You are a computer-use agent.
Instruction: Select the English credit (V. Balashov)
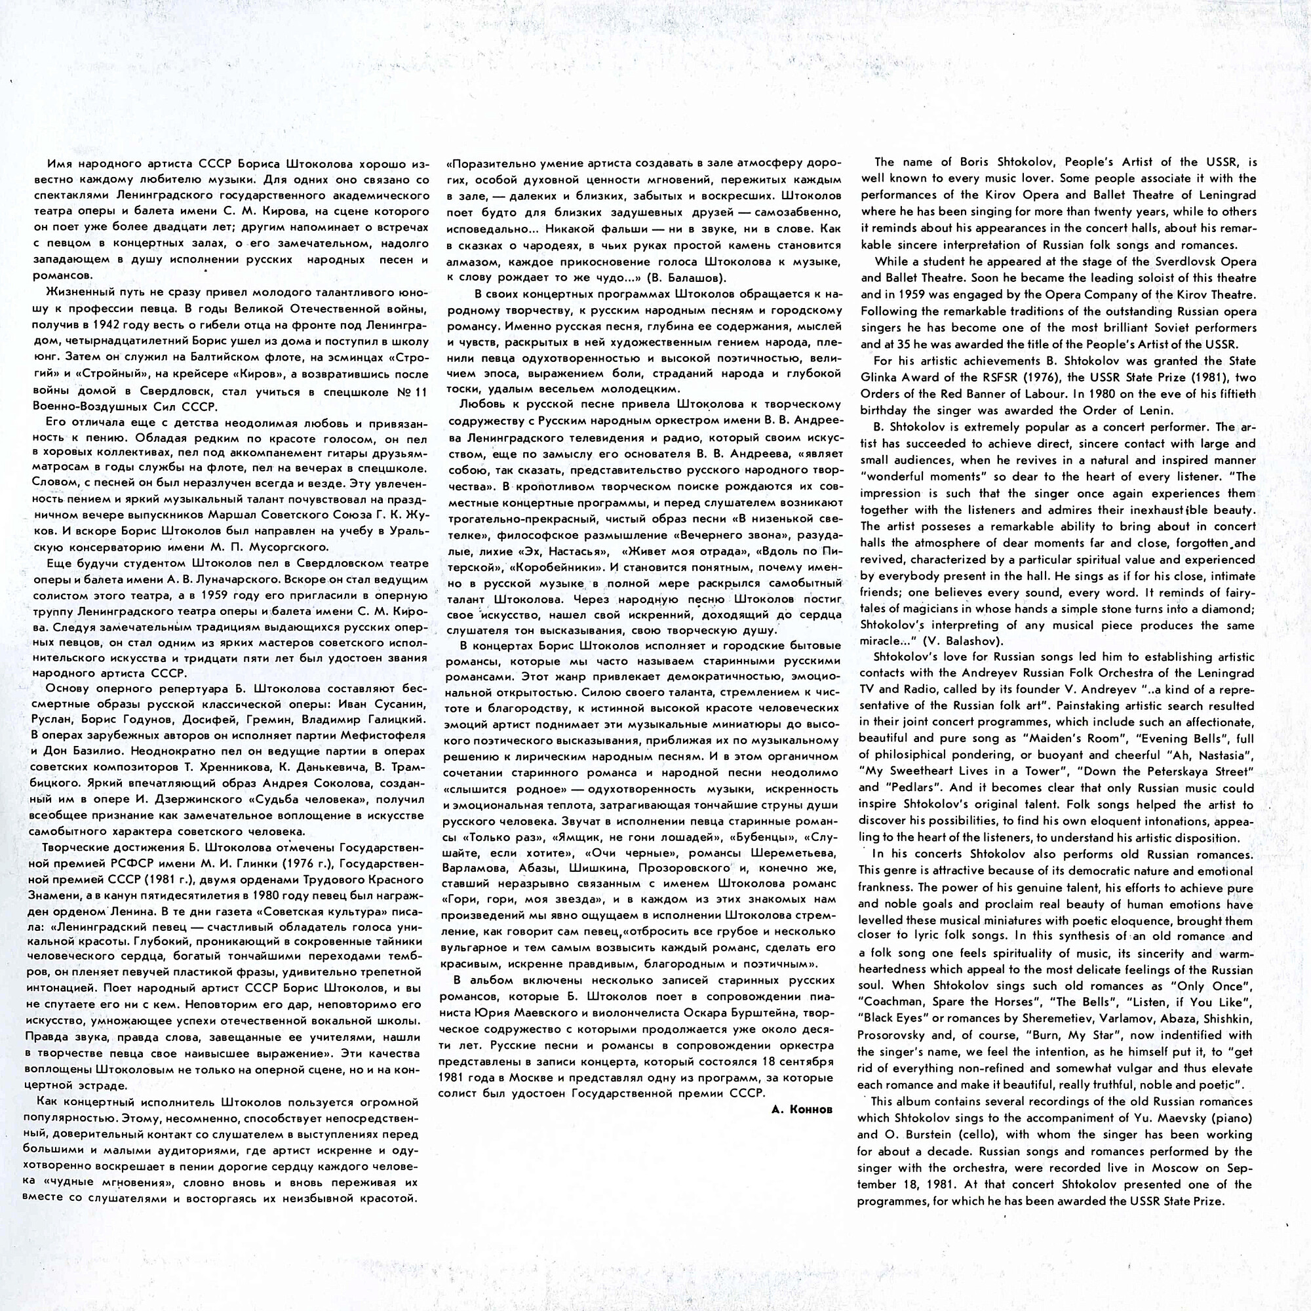952,641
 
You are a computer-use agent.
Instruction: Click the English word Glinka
882,378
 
